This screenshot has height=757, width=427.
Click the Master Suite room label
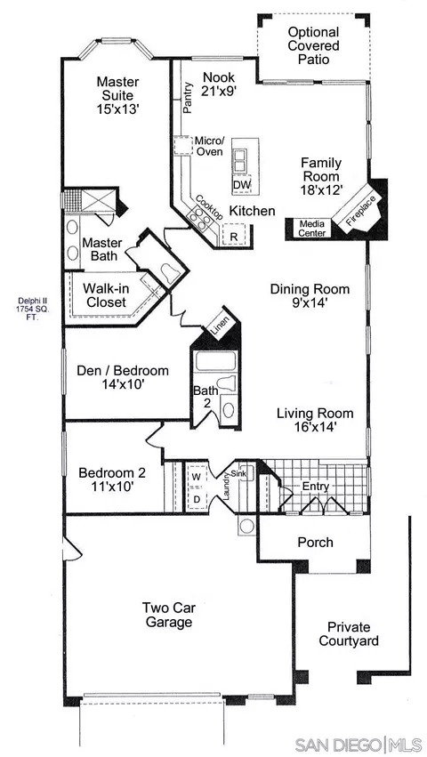pos(117,94)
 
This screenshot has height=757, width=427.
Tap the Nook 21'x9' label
pos(219,84)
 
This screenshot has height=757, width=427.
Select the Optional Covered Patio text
pos(313,46)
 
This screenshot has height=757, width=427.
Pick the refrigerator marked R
pos(234,235)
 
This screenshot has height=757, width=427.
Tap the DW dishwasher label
pos(240,185)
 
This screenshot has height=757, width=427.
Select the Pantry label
pos(187,100)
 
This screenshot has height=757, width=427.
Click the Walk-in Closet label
pos(104,295)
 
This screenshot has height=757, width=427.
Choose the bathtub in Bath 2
pos(215,360)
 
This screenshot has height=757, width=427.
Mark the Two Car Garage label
pos(169,615)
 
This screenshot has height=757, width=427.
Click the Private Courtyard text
pos(349,634)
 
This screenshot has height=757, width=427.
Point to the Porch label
pos(316,542)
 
